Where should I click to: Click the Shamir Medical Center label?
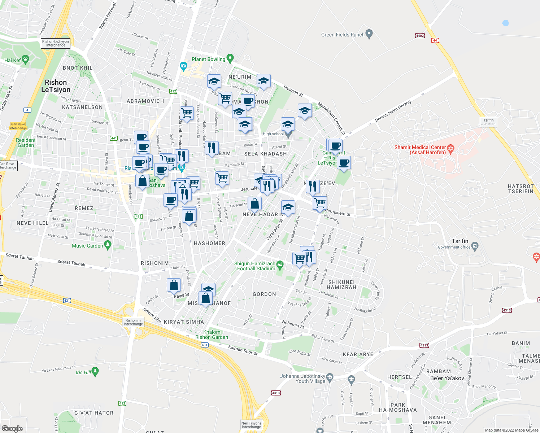(420, 150)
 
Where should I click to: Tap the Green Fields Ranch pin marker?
(369, 34)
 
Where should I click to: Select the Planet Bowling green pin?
(230, 58)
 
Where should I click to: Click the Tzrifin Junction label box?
(488, 122)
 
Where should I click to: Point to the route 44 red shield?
(435, 40)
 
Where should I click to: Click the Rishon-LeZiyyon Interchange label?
(56, 43)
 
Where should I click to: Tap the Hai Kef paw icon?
(25, 60)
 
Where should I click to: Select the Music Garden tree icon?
(108, 245)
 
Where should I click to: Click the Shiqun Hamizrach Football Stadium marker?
(280, 265)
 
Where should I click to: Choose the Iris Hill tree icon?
(95, 371)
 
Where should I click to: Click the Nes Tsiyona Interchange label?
(251, 425)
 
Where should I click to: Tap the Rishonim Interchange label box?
(133, 322)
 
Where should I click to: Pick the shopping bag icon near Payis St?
(174, 285)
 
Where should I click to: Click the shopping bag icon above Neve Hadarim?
(254, 204)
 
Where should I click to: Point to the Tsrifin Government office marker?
(475, 246)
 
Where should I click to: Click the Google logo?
(12, 429)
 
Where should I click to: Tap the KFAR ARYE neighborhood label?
(358, 354)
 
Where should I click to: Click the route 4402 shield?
(420, 36)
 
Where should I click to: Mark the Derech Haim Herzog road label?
(393, 111)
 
